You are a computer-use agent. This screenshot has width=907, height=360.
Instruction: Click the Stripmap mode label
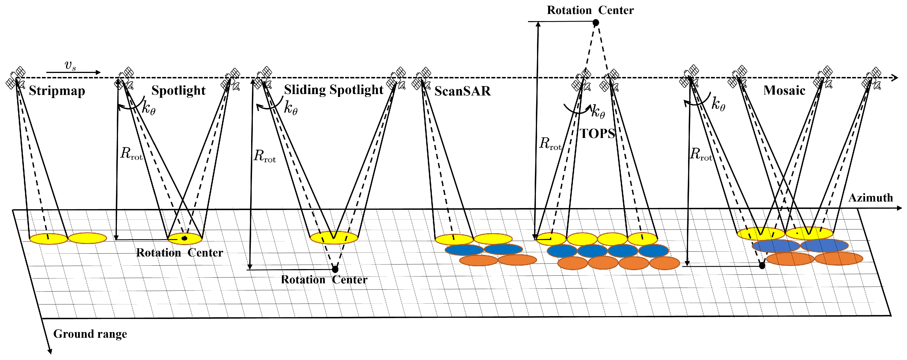57,91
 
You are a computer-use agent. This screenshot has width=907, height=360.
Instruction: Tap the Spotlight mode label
178,91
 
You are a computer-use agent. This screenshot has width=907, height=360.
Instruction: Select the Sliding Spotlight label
333,90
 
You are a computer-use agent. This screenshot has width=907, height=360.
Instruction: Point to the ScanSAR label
462,91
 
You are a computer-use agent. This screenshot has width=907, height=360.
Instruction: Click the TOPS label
597,133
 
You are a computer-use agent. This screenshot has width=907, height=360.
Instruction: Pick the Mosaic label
784,91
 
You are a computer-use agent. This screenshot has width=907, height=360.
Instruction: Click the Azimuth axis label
871,198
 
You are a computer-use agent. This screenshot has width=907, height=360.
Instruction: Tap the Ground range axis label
90,333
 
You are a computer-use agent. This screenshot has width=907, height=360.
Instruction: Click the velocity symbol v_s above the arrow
70,65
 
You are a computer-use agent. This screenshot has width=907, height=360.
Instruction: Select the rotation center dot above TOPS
596,23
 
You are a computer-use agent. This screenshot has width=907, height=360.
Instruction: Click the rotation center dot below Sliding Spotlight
335,269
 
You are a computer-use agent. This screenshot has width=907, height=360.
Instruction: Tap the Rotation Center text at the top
590,10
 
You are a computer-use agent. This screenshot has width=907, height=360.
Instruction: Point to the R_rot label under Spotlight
131,154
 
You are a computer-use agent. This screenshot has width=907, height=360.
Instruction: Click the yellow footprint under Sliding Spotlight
334,238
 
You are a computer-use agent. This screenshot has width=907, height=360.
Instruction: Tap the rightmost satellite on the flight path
871,78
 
